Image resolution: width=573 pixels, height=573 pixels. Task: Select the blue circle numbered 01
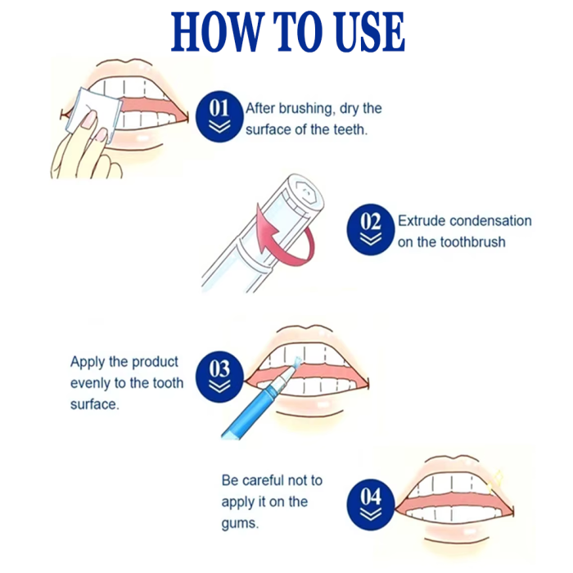(x=219, y=116)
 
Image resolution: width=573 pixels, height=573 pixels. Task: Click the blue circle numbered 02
(x=371, y=229)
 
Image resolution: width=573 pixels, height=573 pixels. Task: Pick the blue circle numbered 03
(x=219, y=377)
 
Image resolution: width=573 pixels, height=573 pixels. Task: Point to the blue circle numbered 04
(x=371, y=505)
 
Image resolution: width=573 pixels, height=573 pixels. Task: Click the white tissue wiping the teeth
(x=93, y=113)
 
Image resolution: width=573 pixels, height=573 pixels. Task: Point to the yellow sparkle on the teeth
(x=495, y=480)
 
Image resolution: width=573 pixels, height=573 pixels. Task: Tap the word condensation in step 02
(x=490, y=221)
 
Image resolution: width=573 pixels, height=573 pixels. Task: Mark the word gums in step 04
(x=239, y=524)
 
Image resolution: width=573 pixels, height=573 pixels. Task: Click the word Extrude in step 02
(x=422, y=221)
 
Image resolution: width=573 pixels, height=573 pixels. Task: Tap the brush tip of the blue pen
(x=296, y=362)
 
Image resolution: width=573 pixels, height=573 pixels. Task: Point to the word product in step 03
(x=155, y=362)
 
